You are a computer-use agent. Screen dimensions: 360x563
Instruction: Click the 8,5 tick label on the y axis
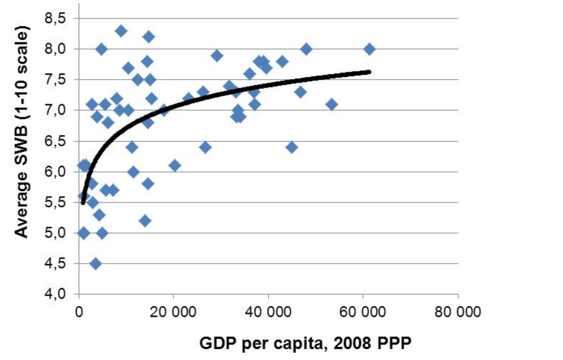tap(55, 19)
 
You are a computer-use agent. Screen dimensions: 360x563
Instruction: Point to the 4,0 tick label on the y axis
tap(55, 295)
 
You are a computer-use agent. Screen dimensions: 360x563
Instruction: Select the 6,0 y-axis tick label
tap(55, 172)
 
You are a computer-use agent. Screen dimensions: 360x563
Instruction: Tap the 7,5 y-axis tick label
tap(55, 80)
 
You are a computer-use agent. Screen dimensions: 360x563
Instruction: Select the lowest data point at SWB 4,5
tap(96, 264)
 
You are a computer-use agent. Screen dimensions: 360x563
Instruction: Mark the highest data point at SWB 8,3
tap(122, 31)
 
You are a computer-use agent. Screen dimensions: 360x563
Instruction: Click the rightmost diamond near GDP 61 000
tap(369, 49)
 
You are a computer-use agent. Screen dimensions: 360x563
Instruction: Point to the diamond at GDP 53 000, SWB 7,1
tap(332, 104)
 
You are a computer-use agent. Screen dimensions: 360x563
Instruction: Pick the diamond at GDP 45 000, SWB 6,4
tap(292, 147)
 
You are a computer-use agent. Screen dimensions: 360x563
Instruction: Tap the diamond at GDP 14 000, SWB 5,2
tap(145, 221)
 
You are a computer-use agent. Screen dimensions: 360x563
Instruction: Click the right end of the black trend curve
tap(369, 71)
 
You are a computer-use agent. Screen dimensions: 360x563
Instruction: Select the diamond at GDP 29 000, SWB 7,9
tap(217, 56)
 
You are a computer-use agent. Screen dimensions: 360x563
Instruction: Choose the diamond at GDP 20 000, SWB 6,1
tap(175, 165)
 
